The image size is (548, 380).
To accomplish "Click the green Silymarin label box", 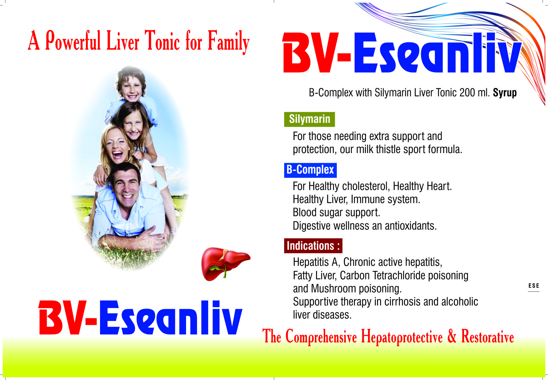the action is click(309, 119).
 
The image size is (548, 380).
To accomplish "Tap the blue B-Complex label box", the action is click(310, 170).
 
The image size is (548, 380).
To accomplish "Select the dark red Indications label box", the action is click(313, 246).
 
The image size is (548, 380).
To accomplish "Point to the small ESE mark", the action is click(534, 286).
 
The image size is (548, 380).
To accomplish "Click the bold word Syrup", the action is click(505, 93).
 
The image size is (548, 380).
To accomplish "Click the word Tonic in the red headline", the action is click(162, 41).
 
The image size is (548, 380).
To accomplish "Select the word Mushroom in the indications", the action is click(333, 289).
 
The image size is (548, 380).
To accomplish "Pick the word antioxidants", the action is click(411, 226).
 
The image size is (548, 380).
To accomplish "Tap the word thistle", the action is click(389, 149).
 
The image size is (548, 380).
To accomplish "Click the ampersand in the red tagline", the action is click(452, 336).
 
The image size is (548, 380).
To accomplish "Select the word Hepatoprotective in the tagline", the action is click(402, 337).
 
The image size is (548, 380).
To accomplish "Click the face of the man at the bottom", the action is click(126, 187).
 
